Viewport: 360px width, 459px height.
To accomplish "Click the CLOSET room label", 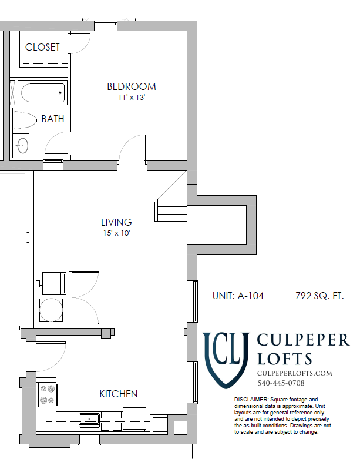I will point(42,47).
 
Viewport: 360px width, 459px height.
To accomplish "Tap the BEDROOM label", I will point(131,86).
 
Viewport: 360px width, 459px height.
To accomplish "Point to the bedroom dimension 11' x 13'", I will point(131,98).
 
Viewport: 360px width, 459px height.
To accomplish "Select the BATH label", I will point(52,119).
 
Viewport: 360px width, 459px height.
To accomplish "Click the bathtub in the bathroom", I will point(41,92).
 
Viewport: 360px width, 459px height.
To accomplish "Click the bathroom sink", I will point(22,145).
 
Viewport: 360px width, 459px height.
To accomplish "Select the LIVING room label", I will point(116,222).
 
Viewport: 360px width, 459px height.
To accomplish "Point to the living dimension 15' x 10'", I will point(116,233).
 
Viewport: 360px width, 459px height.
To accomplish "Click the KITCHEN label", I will point(119,394).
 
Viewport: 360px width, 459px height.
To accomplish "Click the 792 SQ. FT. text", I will point(319,296).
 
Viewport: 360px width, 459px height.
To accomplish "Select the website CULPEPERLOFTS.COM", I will point(295,373).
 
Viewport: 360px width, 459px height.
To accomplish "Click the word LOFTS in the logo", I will point(285,359).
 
